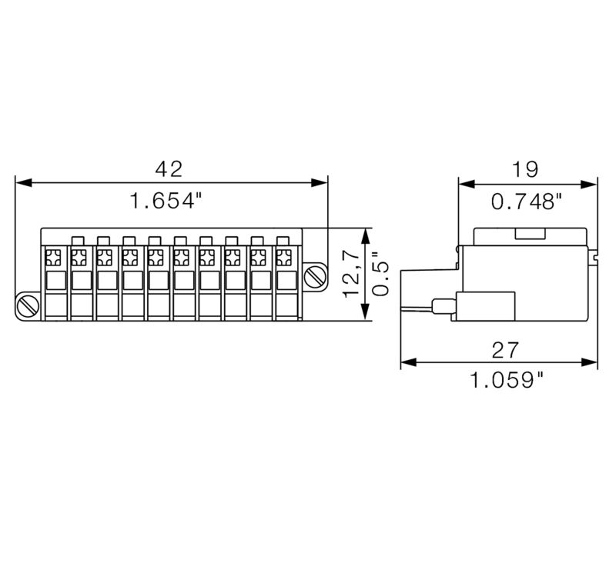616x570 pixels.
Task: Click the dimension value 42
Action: coord(169,168)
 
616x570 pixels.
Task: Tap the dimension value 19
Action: coord(527,168)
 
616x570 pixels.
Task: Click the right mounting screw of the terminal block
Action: coord(315,276)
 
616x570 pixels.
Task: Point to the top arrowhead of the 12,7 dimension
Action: coord(365,233)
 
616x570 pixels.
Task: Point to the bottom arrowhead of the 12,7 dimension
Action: coord(365,314)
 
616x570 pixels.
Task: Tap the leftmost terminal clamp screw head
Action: coord(54,256)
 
